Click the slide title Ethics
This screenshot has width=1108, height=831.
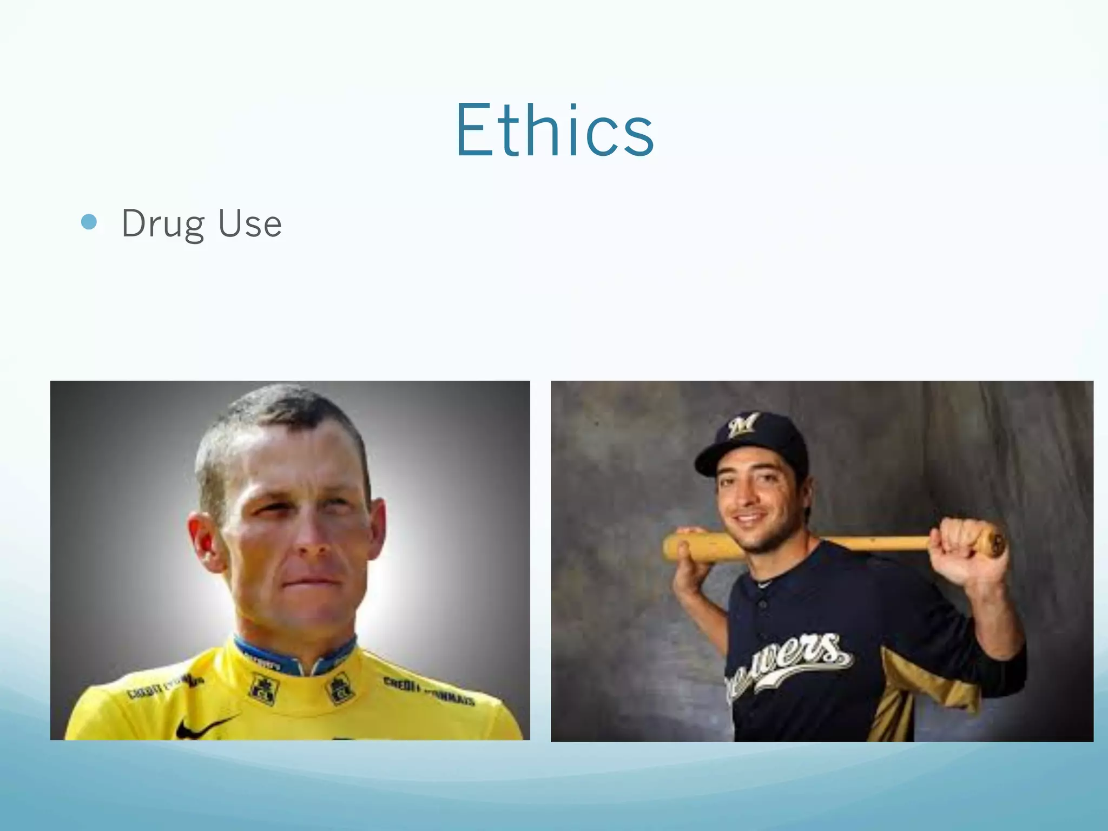pos(555,131)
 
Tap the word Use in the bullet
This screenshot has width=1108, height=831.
pos(250,223)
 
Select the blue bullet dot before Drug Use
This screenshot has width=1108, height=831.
pos(89,222)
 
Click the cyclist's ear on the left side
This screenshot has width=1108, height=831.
pos(205,541)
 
